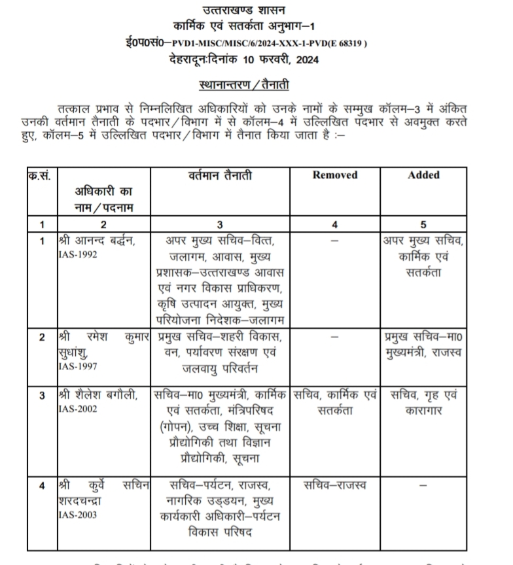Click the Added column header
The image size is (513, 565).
point(423,175)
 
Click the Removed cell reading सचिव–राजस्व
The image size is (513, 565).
point(335,486)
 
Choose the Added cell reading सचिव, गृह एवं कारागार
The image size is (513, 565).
point(423,403)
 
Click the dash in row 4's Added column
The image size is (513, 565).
point(423,487)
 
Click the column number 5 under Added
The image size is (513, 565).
point(423,224)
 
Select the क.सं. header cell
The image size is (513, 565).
point(42,175)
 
